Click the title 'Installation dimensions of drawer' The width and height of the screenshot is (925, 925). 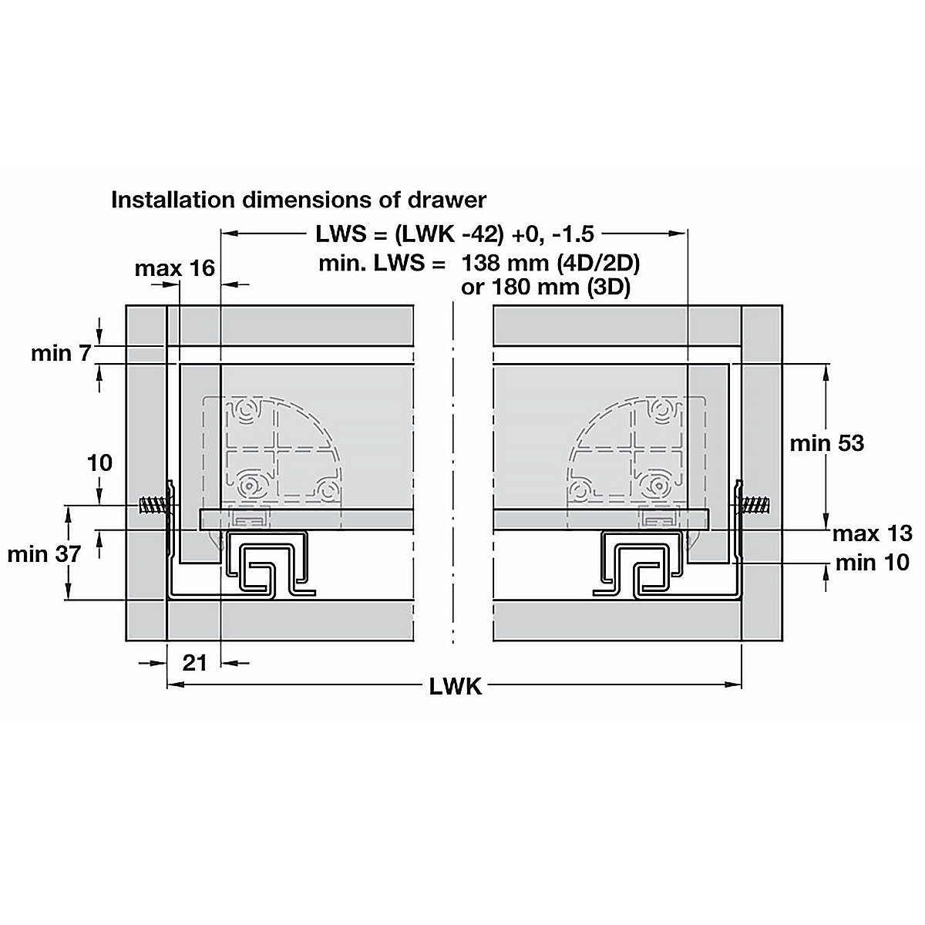(x=298, y=200)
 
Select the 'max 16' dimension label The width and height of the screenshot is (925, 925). (x=175, y=268)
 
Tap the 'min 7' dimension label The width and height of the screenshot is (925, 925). (x=61, y=354)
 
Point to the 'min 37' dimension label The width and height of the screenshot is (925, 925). (x=44, y=554)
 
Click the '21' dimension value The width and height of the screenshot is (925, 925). (x=195, y=664)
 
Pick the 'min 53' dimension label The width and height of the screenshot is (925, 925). (x=826, y=443)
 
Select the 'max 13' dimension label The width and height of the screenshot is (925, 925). (x=872, y=533)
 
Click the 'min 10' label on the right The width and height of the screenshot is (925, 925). (x=872, y=562)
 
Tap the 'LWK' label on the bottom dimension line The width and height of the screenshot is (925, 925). (x=455, y=687)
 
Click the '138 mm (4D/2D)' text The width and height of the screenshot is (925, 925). (x=550, y=264)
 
